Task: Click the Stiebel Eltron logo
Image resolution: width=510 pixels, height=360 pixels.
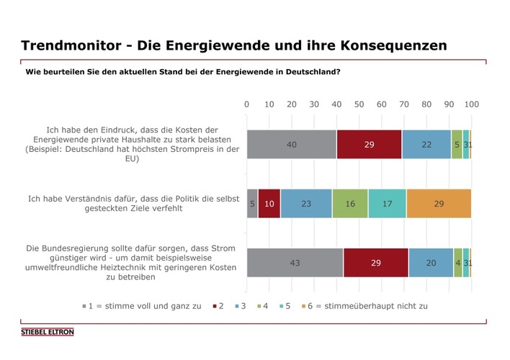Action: tap(48, 333)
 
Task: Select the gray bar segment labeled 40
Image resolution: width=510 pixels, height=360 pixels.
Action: tap(292, 145)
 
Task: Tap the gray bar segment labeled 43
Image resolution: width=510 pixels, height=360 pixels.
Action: tap(295, 263)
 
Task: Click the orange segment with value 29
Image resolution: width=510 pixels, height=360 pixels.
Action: tap(439, 204)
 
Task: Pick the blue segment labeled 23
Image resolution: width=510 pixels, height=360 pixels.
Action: tap(306, 204)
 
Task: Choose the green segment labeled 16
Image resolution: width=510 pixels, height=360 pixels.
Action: tap(350, 204)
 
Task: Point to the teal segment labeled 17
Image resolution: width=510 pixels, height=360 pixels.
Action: tap(387, 204)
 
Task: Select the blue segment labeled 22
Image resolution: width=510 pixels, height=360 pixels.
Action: tap(426, 145)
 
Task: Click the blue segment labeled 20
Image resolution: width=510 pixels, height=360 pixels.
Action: tap(431, 263)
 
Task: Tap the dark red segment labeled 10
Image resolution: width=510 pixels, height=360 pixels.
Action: tap(269, 204)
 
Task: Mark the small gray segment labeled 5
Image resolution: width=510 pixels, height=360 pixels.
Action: tap(252, 204)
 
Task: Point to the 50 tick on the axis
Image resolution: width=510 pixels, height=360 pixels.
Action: tap(359, 105)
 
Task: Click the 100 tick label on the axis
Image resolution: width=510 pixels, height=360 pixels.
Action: tap(471, 105)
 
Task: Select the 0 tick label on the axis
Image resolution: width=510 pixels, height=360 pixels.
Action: tap(247, 105)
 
